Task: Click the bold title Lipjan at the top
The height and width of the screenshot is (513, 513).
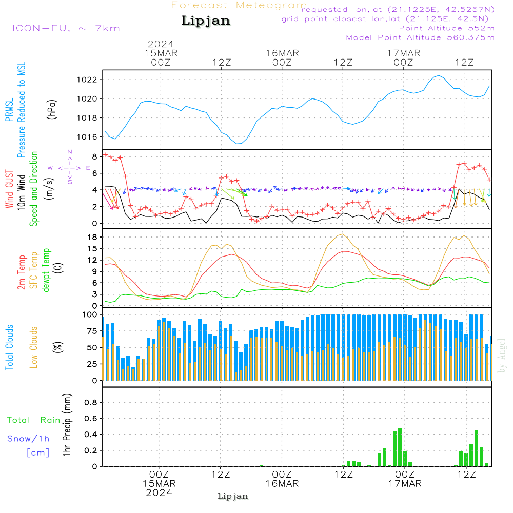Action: pos(206,21)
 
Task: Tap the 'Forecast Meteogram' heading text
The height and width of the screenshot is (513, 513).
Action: pos(239,5)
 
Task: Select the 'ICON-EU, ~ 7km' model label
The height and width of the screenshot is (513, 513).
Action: pos(66,28)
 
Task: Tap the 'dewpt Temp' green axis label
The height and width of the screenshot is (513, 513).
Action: pos(46,271)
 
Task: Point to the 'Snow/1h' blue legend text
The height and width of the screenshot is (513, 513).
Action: pos(29,439)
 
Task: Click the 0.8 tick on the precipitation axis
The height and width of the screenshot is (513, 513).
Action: pos(90,403)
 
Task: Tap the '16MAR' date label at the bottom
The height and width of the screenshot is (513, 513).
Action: pos(282,484)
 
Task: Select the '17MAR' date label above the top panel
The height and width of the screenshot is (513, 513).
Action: pos(404,53)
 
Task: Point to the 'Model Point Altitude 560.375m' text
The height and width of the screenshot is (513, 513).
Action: pos(420,37)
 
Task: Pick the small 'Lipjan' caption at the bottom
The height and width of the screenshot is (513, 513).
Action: pos(233,496)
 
